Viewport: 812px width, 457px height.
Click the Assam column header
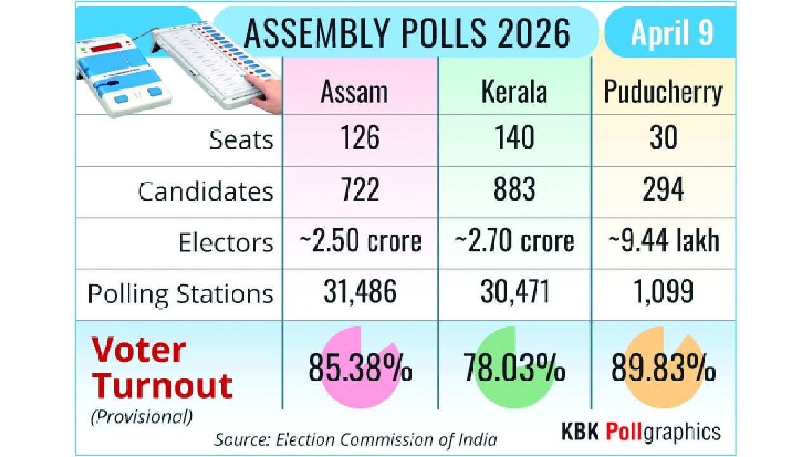[354, 92]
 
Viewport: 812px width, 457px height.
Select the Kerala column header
[514, 92]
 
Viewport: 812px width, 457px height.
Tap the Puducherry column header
[663, 92]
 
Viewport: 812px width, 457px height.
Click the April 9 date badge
[672, 33]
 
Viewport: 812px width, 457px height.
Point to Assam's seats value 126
[360, 138]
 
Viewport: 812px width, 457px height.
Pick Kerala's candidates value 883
[514, 190]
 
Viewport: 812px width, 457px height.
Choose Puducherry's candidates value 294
[663, 190]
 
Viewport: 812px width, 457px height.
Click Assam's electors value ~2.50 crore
[360, 241]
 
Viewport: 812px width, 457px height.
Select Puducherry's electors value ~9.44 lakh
[663, 241]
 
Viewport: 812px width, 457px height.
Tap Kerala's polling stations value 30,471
[514, 292]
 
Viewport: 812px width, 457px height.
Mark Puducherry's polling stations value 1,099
[663, 292]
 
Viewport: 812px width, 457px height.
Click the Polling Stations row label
[181, 294]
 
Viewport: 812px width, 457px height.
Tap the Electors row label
[226, 242]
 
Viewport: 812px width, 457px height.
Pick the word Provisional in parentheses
[141, 417]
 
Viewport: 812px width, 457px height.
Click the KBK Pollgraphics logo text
[641, 432]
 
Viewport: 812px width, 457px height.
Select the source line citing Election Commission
[355, 439]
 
